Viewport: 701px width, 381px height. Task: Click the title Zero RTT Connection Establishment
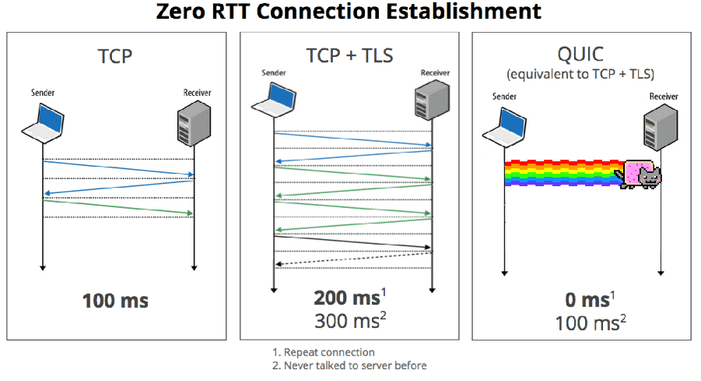tap(349, 12)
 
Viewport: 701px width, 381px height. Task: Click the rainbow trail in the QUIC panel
tap(560, 174)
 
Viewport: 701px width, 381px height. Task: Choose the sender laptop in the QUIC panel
tap(506, 129)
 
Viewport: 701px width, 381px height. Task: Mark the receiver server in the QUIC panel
tap(660, 129)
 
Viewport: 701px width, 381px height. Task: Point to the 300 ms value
tap(346, 320)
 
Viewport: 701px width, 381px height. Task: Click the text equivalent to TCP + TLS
tap(582, 75)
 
